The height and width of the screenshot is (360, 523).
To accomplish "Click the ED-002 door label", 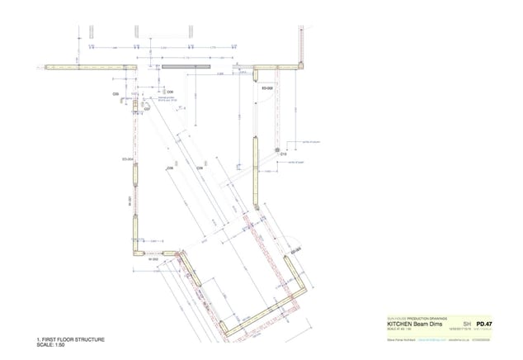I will pyautogui.click(x=267, y=87).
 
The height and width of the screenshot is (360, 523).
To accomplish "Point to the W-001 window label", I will pyautogui.click(x=130, y=201).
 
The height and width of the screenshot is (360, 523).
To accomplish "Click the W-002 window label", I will pyautogui.click(x=153, y=259).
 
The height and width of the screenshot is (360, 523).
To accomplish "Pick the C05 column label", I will pyautogui.click(x=116, y=95).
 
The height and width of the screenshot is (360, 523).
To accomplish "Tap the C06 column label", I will pyautogui.click(x=170, y=91).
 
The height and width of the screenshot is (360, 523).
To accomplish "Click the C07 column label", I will pyautogui.click(x=147, y=108).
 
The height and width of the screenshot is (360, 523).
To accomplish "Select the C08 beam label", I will pyautogui.click(x=170, y=168).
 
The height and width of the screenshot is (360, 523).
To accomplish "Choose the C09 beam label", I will pyautogui.click(x=199, y=168).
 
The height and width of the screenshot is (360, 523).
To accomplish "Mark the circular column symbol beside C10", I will pyautogui.click(x=279, y=148).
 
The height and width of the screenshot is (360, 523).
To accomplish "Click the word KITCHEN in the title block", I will pyautogui.click(x=400, y=324).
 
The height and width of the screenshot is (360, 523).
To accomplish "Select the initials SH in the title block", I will pyautogui.click(x=468, y=324).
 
